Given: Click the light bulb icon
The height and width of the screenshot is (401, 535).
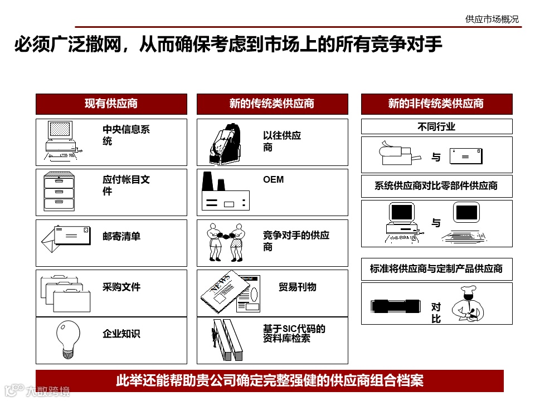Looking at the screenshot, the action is (x=68, y=339).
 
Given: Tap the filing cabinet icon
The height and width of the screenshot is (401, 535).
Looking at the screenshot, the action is (x=59, y=191).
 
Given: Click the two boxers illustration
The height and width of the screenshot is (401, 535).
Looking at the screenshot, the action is (x=226, y=242).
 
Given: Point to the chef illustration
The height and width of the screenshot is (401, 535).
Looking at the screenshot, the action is (x=468, y=304).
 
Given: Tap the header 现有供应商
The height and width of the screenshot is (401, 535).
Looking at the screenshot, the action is (x=111, y=104).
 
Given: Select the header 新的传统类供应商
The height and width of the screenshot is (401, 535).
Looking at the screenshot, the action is (x=272, y=104).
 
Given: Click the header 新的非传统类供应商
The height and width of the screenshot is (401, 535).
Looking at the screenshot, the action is (x=436, y=104).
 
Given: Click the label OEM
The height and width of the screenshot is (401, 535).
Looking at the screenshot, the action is (x=273, y=179).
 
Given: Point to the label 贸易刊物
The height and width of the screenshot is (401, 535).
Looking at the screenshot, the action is (x=297, y=287).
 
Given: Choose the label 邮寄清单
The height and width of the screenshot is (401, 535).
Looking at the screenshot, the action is (x=121, y=236).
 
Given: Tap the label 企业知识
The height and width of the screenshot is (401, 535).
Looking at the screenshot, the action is (x=121, y=334).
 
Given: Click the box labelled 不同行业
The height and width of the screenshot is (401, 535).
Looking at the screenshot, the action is (x=437, y=126).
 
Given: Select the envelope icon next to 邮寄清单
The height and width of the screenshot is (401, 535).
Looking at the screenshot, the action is (x=66, y=238).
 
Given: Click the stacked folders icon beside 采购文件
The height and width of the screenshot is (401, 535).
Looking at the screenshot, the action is (x=66, y=294).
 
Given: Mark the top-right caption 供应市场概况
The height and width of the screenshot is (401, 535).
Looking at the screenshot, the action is (x=492, y=19).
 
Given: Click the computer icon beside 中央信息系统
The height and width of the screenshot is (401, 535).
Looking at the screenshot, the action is (x=62, y=140).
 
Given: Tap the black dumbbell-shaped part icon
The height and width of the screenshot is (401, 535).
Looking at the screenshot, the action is (x=396, y=306).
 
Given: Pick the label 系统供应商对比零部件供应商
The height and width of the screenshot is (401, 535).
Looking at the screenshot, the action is (x=436, y=186).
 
